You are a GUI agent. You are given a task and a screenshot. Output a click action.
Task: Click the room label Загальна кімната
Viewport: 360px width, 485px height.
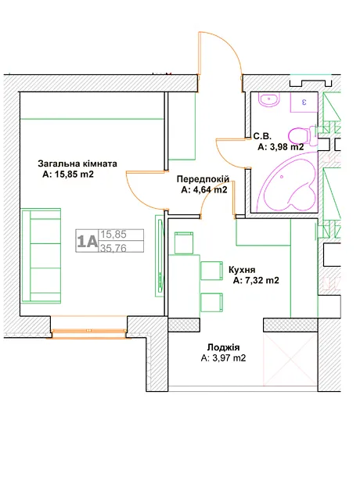(77, 163)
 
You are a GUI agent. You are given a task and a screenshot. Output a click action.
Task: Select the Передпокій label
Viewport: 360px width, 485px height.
(203, 179)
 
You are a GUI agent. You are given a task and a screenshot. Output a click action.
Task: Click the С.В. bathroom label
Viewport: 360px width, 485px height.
(262, 136)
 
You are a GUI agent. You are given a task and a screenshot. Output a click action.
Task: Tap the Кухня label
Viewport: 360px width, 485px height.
(242, 269)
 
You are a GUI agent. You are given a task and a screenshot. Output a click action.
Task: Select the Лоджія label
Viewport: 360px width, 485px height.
(224, 347)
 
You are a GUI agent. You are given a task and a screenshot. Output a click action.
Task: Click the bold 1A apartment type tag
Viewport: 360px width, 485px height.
(88, 241)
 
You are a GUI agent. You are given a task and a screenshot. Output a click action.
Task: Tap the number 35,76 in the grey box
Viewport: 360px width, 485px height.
(113, 248)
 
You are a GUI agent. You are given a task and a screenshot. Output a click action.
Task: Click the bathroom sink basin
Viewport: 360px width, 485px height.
(269, 100)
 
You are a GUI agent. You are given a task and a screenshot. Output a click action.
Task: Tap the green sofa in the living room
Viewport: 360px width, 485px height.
(41, 256)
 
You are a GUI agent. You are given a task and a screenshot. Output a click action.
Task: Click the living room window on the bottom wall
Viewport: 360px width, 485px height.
(89, 334)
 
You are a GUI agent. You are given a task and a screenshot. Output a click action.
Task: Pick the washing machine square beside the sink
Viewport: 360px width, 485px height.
(304, 102)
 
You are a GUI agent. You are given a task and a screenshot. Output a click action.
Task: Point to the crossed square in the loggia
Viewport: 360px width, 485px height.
(290, 359)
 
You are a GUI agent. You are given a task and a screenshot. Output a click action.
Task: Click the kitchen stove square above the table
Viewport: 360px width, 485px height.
(184, 243)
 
